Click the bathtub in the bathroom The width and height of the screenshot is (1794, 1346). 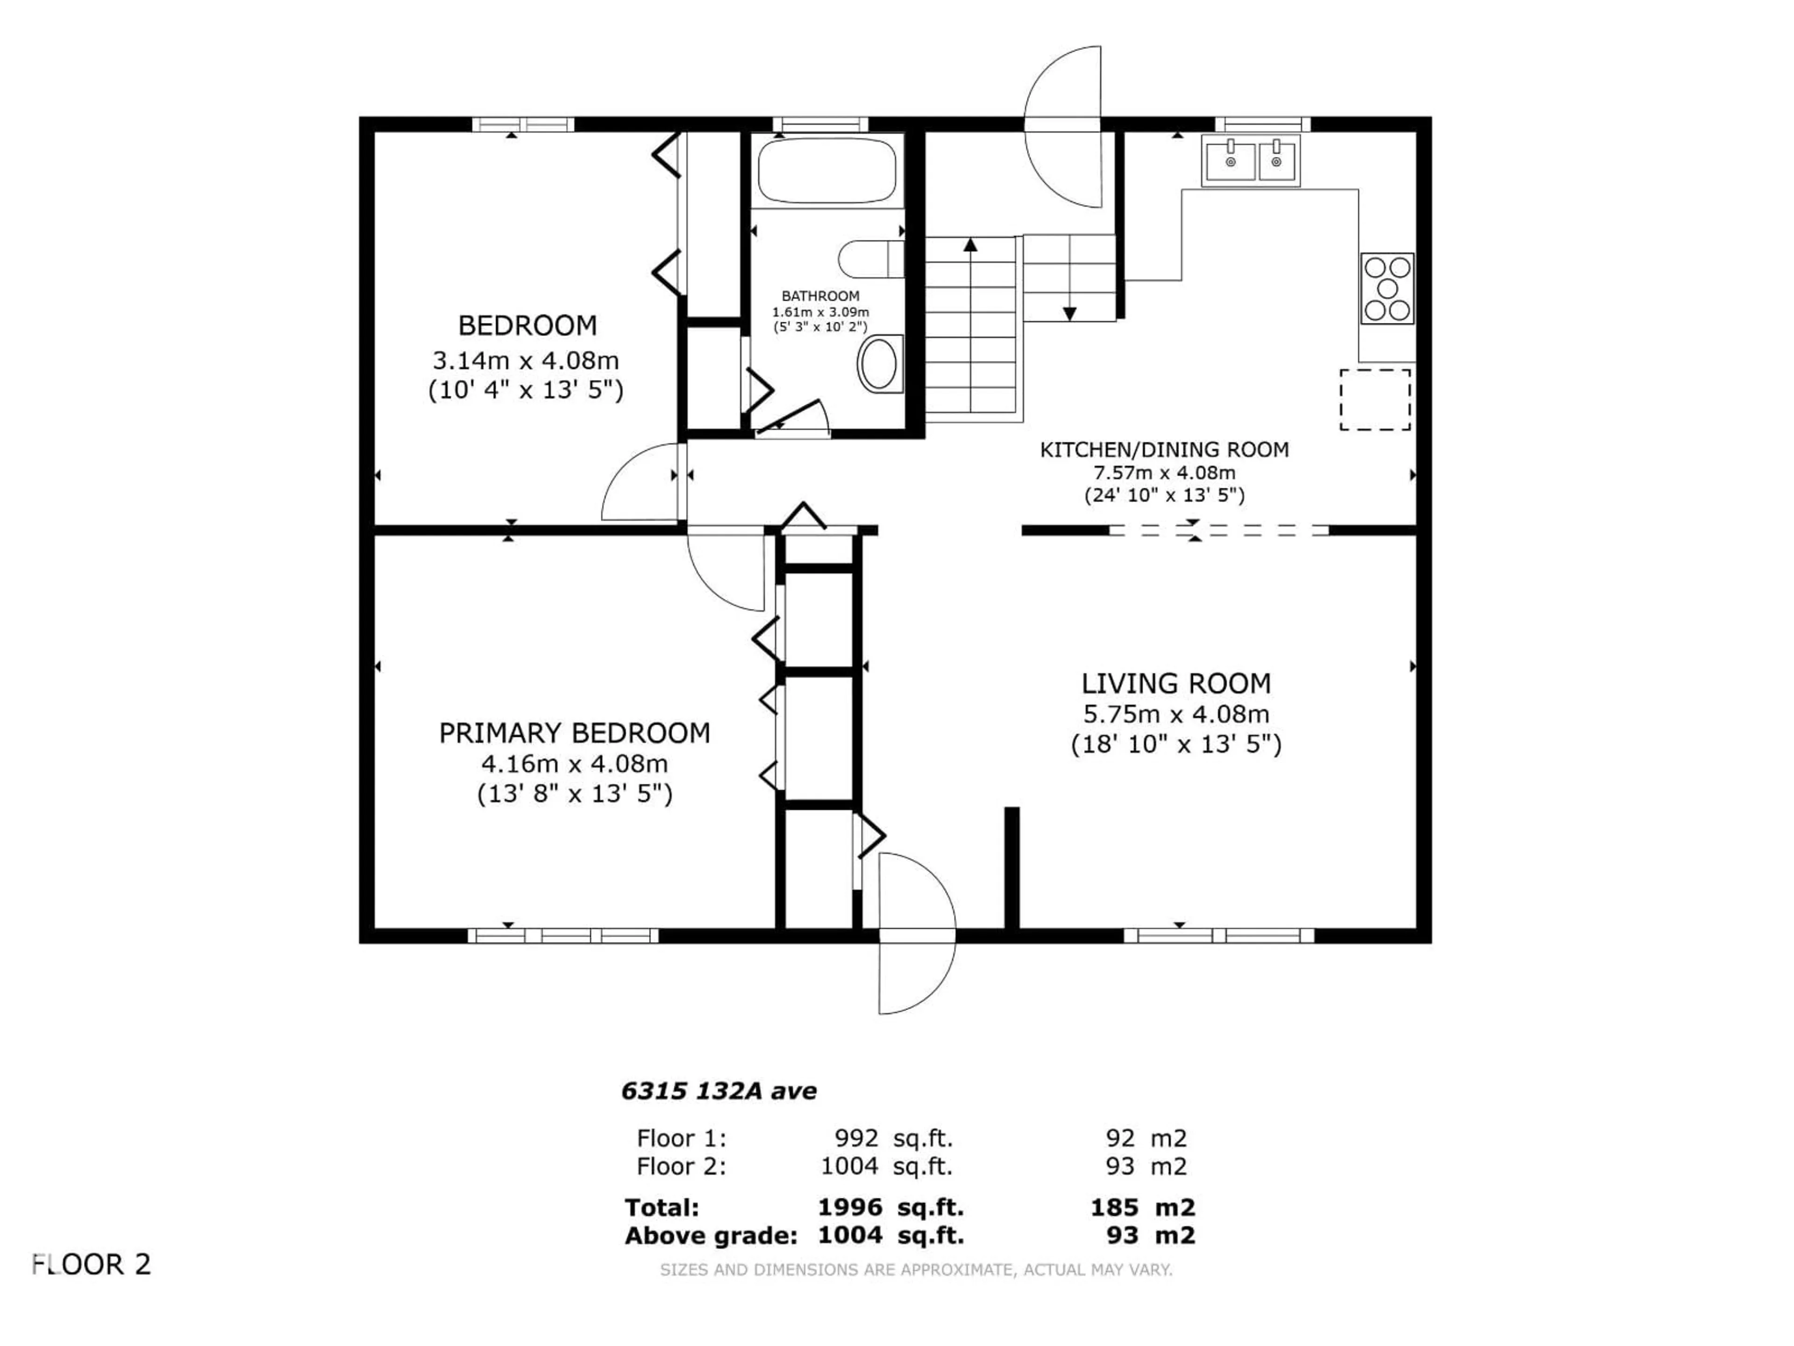pos(826,171)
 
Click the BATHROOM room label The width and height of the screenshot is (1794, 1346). pos(820,296)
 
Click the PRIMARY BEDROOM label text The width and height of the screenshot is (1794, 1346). pos(574,733)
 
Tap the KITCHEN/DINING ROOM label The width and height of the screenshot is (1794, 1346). pos(1164,450)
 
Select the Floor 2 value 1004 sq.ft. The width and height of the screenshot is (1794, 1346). pos(886,1166)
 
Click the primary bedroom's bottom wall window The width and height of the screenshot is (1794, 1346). pos(564,936)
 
